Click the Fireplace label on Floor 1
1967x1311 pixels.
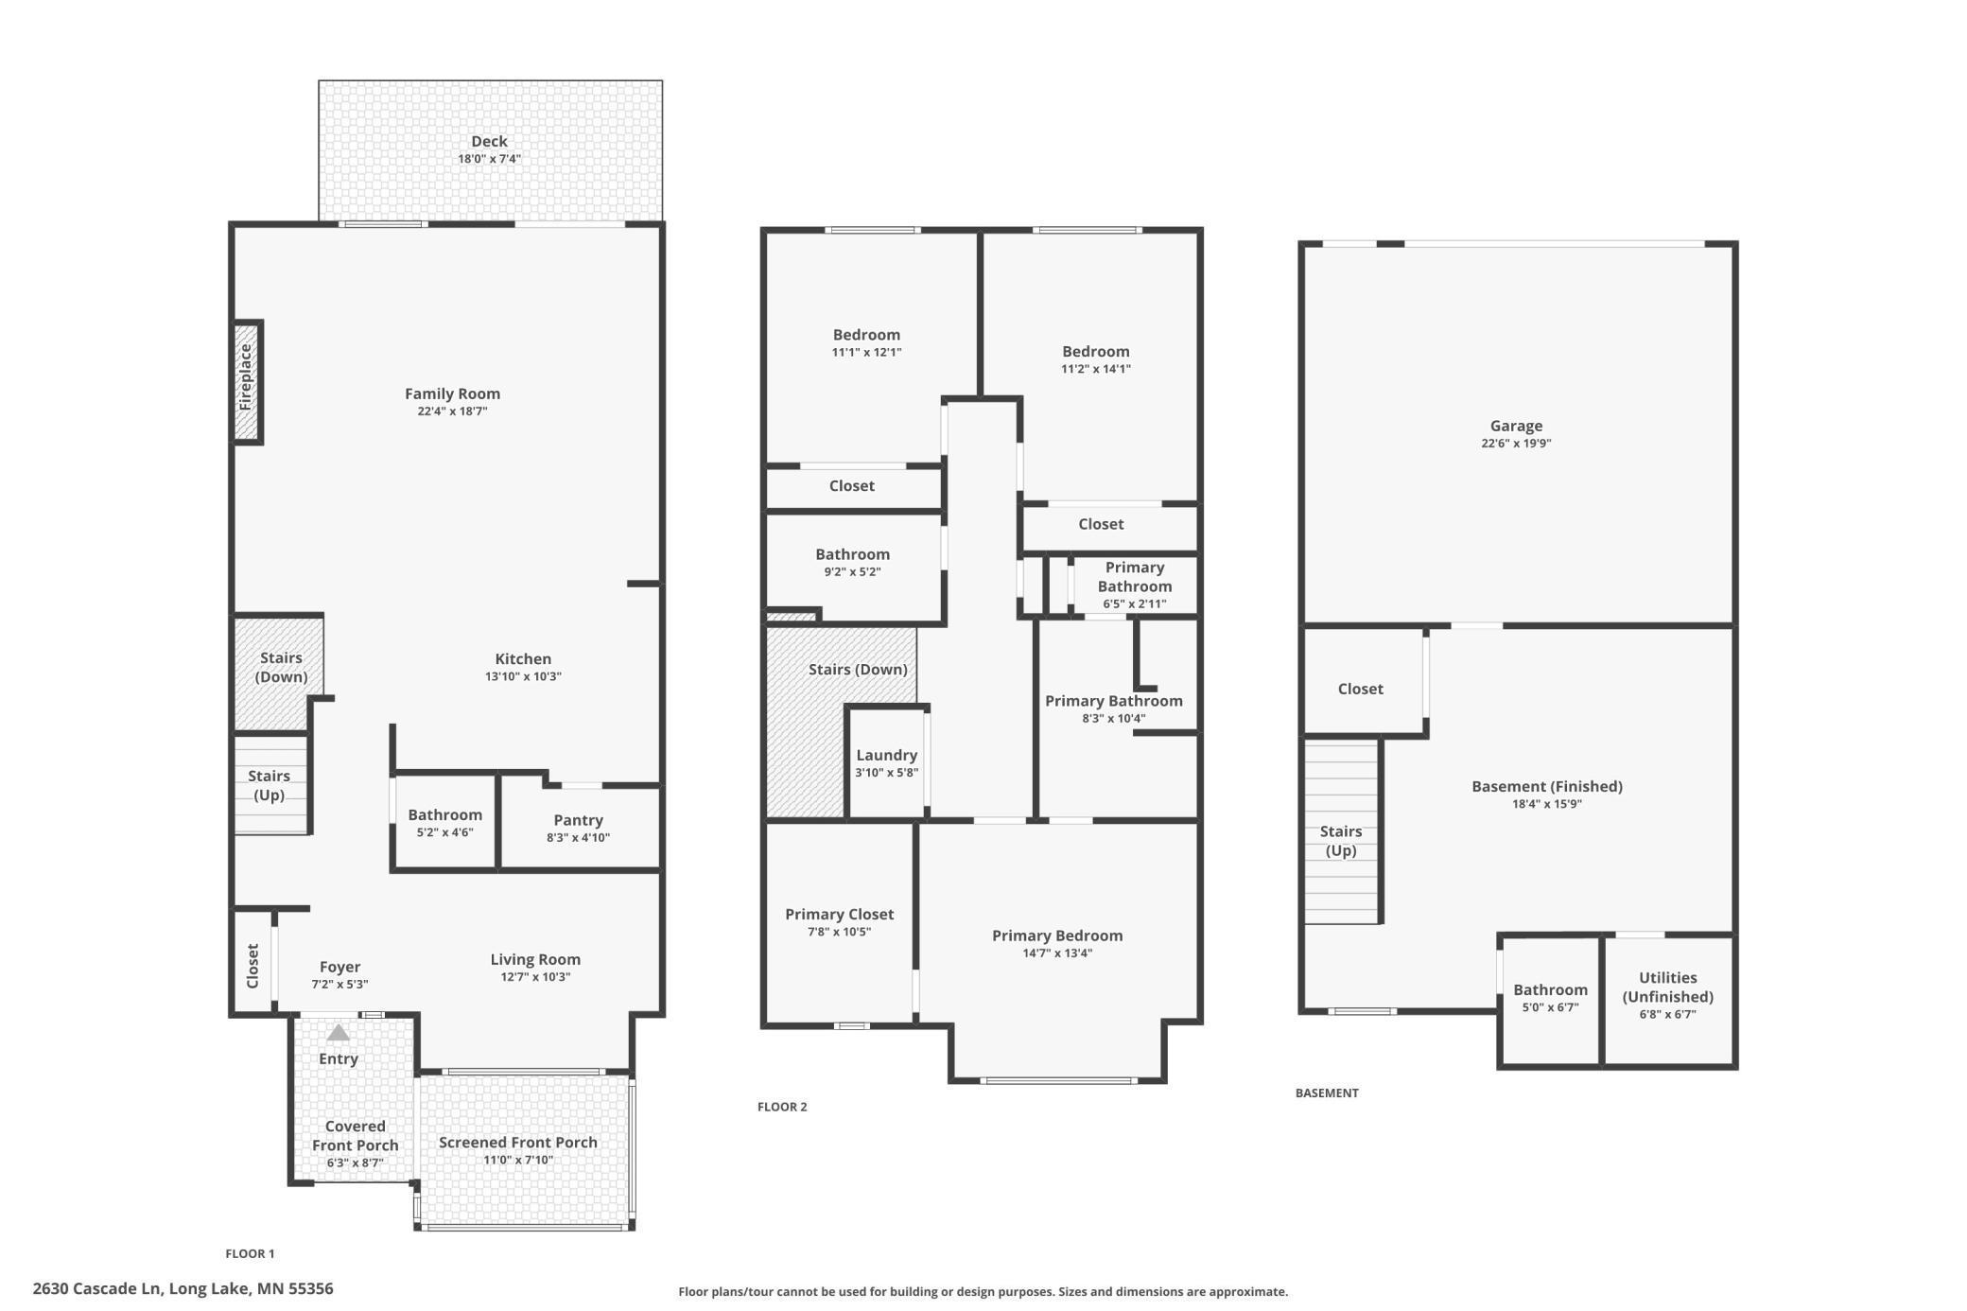pyautogui.click(x=246, y=376)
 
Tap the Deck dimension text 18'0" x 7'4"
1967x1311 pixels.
pyautogui.click(x=489, y=159)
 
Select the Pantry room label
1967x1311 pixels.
pyautogui.click(x=578, y=820)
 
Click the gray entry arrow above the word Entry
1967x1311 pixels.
pyautogui.click(x=338, y=1033)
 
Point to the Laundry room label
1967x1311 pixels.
pyautogui.click(x=886, y=755)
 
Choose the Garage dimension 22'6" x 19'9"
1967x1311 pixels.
pyautogui.click(x=1516, y=444)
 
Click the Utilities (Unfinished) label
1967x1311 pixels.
pyautogui.click(x=1667, y=987)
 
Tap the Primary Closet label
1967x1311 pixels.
pyautogui.click(x=839, y=914)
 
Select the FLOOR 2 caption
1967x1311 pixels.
pyautogui.click(x=782, y=1107)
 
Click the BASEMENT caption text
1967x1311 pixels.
pyautogui.click(x=1327, y=1092)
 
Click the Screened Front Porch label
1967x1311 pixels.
pyautogui.click(x=517, y=1142)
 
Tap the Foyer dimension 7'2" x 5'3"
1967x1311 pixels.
pyautogui.click(x=339, y=985)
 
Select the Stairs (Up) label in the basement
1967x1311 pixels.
pyautogui.click(x=1340, y=841)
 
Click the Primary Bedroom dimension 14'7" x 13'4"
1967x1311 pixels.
pyautogui.click(x=1057, y=953)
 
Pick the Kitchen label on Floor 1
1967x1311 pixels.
pyautogui.click(x=523, y=658)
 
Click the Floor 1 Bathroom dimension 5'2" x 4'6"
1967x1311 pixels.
pyautogui.click(x=444, y=833)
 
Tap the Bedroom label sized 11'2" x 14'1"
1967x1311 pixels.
pyautogui.click(x=1095, y=351)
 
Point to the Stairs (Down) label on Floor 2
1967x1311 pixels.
pyautogui.click(x=858, y=670)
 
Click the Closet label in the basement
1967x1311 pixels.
pyautogui.click(x=1360, y=689)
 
